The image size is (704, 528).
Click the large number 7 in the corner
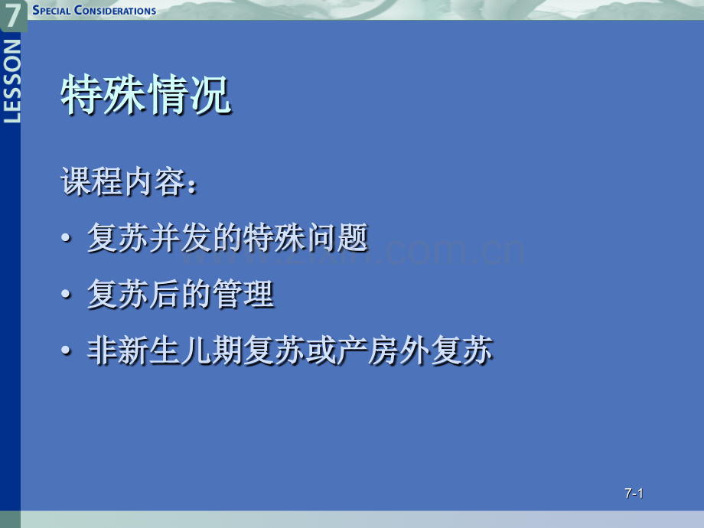12,14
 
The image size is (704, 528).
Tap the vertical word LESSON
12,81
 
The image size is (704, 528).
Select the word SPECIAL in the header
51,10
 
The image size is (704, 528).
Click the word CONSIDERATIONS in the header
115,10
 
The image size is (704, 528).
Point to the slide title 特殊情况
146,95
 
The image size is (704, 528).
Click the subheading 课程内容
123,182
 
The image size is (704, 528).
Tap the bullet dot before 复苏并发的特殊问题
66,237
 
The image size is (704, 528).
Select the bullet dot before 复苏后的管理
66,294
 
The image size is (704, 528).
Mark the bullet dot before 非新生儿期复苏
66,350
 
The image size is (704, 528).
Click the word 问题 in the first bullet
337,237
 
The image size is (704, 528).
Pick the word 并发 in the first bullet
181,237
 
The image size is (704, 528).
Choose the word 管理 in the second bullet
243,294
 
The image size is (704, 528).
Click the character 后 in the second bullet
165,294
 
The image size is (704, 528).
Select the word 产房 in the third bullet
368,350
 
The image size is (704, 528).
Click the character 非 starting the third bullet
103,350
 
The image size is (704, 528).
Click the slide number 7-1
634,494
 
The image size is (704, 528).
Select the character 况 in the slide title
210,95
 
